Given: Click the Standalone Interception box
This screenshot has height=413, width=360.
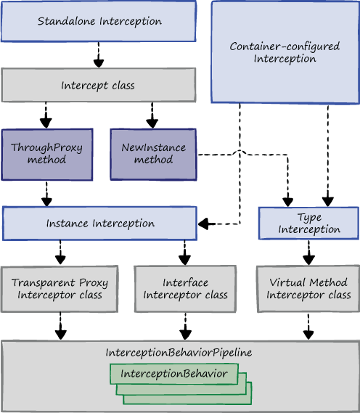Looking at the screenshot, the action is tap(99, 21).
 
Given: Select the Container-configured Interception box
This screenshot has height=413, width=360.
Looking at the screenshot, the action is tap(285, 52).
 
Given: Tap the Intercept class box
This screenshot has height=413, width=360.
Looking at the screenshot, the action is tap(99, 85).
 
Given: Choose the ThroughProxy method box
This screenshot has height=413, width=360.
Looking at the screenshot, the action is tap(47, 155).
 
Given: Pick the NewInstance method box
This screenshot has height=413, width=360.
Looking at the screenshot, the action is tap(153, 155).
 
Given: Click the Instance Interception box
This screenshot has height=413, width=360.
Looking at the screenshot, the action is tap(99, 224).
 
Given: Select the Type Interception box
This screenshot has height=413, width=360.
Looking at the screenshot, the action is tap(308, 224).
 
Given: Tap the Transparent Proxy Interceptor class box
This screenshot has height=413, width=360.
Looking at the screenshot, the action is tap(60, 289).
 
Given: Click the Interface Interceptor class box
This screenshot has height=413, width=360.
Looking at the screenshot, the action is tap(185, 289).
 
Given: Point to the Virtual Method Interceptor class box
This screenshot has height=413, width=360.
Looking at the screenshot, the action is tap(308, 289).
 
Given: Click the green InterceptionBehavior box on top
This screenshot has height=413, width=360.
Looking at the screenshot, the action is tap(174, 374).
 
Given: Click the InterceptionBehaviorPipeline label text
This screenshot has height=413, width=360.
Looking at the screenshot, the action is tap(179, 353).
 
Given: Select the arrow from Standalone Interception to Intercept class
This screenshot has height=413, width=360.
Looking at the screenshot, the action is tap(99, 54).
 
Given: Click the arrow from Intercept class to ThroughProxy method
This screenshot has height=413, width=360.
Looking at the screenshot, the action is tap(46, 115).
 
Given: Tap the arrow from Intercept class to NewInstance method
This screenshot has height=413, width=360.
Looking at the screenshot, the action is tap(152, 115).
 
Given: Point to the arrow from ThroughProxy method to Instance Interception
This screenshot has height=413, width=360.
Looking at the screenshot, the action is tap(46, 194).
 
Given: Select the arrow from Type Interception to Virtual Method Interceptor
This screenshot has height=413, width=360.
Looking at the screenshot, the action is tap(308, 253).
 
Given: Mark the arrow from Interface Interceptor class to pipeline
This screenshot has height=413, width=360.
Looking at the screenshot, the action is tap(185, 327).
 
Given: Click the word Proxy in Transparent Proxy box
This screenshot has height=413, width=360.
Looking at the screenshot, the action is tap(94, 283).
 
